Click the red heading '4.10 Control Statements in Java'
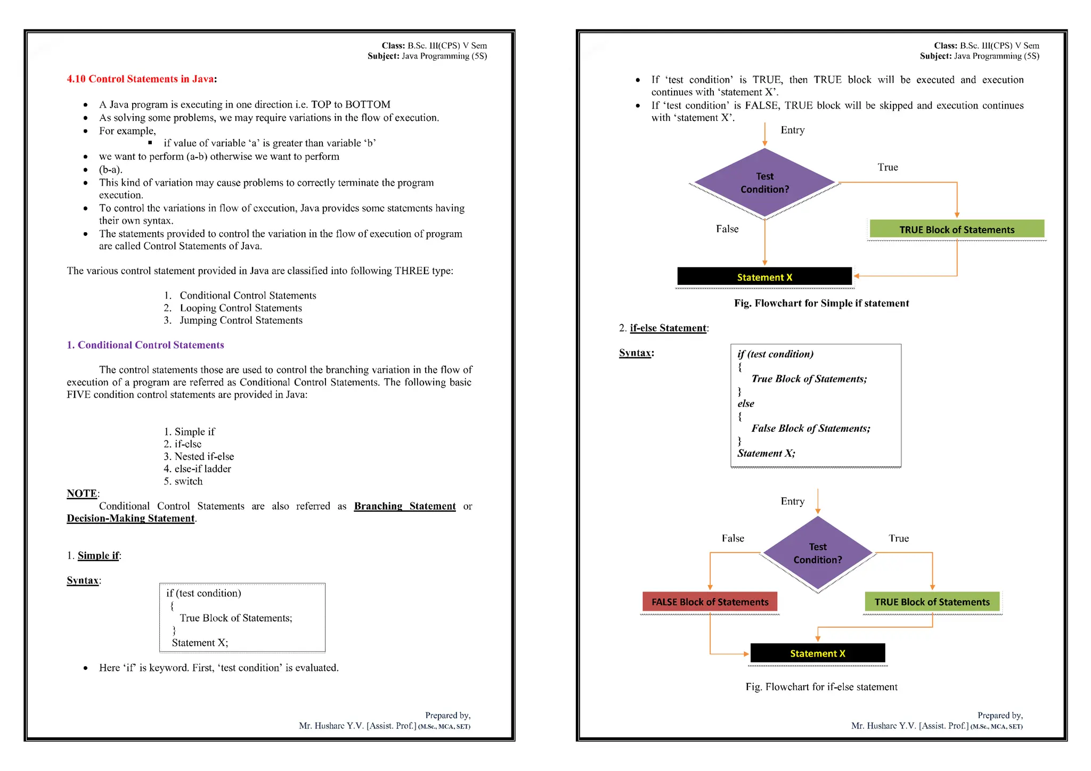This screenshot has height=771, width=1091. click(x=141, y=79)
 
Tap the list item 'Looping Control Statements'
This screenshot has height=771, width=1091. click(x=240, y=308)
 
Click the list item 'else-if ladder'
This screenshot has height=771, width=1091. click(x=202, y=469)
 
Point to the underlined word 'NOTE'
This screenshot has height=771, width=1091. click(x=82, y=494)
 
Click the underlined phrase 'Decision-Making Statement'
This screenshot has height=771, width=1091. click(x=131, y=519)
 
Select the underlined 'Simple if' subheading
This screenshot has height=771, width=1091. click(x=99, y=555)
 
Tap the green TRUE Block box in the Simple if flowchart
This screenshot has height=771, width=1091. click(x=956, y=229)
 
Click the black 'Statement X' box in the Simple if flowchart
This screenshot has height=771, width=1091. click(x=764, y=277)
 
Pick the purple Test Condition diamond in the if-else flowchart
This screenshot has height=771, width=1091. click(x=817, y=553)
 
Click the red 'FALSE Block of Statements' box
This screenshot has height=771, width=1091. click(x=710, y=602)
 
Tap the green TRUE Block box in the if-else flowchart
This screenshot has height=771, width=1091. click(x=932, y=602)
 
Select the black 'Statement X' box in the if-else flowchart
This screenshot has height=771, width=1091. click(x=817, y=653)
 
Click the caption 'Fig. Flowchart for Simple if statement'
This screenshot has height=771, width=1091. click(x=821, y=304)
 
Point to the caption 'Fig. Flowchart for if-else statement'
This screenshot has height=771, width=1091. click(x=821, y=687)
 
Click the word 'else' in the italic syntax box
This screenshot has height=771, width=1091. click(x=746, y=404)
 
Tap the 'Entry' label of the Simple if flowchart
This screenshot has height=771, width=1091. click(x=792, y=130)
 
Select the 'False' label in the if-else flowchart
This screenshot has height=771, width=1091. click(x=732, y=538)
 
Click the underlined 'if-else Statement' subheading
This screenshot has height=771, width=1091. click(x=668, y=328)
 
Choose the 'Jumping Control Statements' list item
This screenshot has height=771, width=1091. click(x=241, y=320)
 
